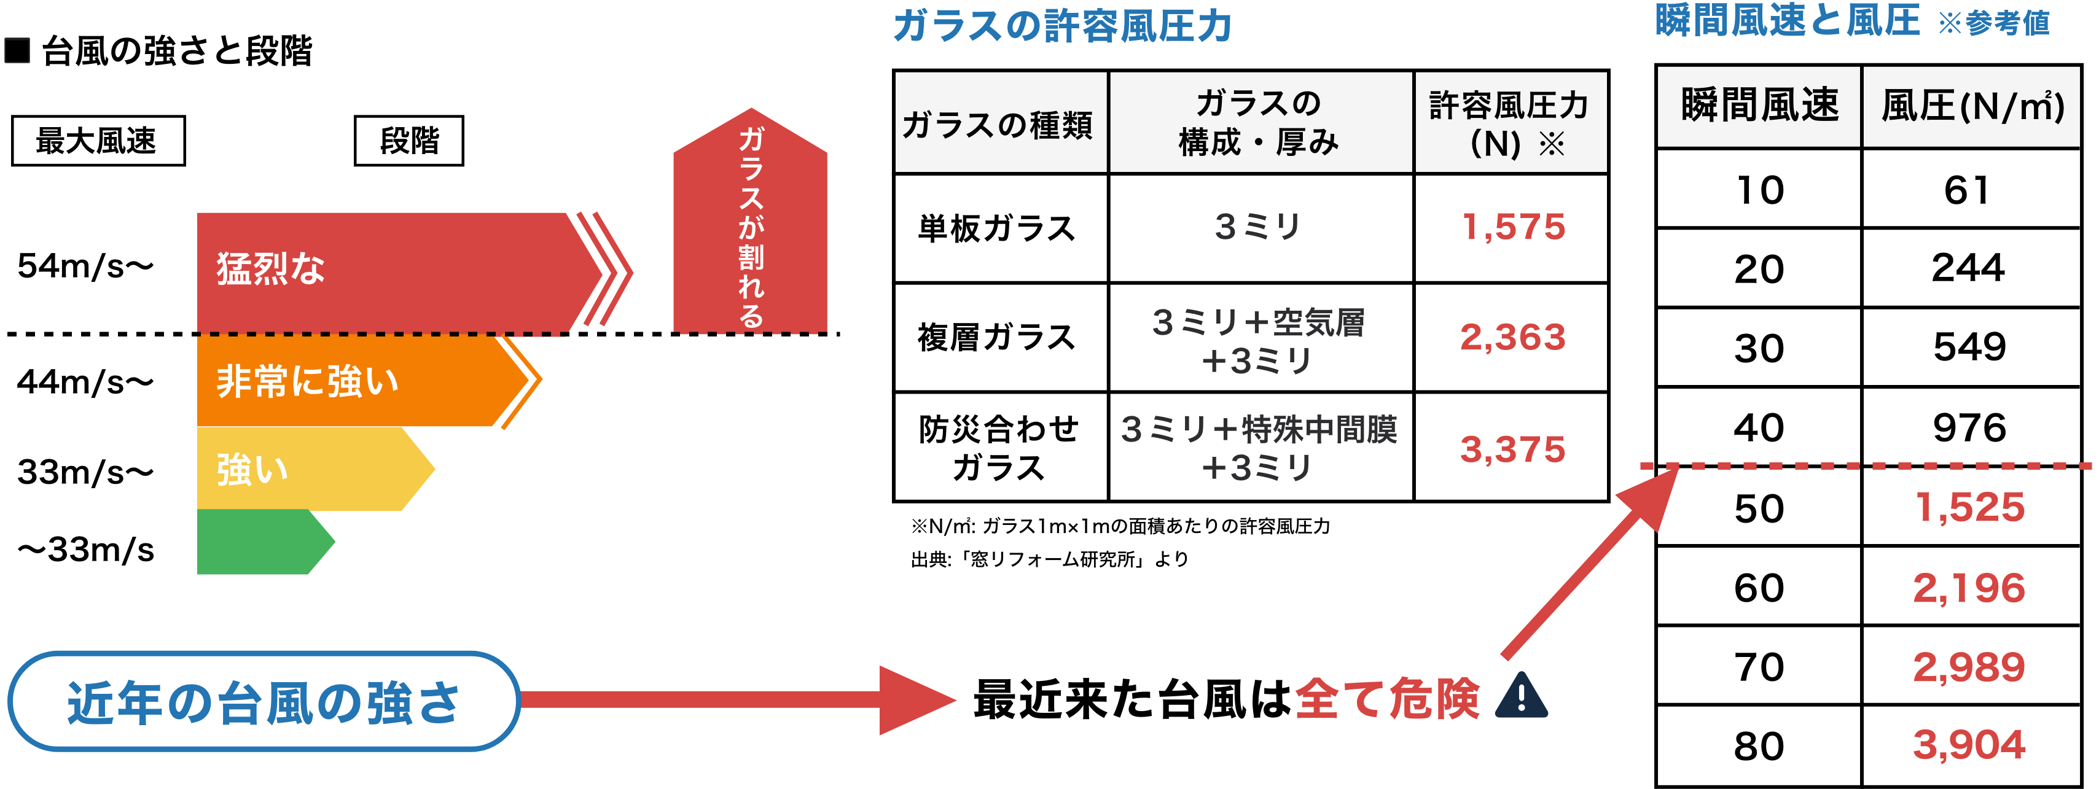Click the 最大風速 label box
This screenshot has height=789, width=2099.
pyautogui.click(x=98, y=141)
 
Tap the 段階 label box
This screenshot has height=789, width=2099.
pyautogui.click(x=408, y=141)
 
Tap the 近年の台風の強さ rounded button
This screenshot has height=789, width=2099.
pyautogui.click(x=263, y=701)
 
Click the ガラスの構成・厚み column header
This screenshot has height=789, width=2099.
pyautogui.click(x=1260, y=123)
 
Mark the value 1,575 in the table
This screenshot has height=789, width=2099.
pyautogui.click(x=1513, y=227)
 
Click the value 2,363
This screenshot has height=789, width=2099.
pyautogui.click(x=1512, y=337)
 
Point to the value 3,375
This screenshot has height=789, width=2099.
pyautogui.click(x=1512, y=449)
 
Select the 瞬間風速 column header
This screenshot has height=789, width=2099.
pyautogui.click(x=1759, y=106)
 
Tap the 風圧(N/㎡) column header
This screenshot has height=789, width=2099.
pyautogui.click(x=1972, y=106)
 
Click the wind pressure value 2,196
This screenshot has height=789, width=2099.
pyautogui.click(x=1969, y=588)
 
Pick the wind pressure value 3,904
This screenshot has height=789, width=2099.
pyautogui.click(x=1969, y=744)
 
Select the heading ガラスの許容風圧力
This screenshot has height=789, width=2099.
pyautogui.click(x=1061, y=26)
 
